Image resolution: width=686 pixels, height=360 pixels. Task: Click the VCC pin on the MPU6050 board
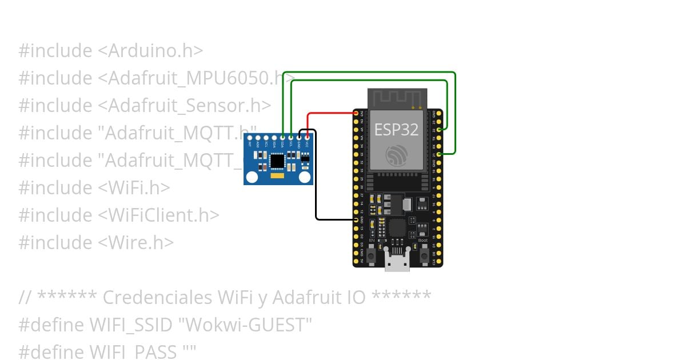(308, 137)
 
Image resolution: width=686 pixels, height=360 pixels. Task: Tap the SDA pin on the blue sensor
(283, 137)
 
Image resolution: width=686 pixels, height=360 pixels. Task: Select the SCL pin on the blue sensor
(291, 137)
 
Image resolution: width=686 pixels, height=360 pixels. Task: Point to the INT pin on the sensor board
(250, 137)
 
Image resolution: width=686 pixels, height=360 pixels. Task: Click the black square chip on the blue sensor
(277, 162)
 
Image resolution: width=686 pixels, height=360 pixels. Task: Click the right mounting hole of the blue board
(307, 178)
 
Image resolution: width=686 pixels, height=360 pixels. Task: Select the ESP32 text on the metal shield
(396, 130)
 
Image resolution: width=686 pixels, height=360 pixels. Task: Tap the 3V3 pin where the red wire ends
(356, 114)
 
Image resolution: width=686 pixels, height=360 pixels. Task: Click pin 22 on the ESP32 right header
(439, 130)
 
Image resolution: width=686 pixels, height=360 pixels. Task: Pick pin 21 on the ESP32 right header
(439, 154)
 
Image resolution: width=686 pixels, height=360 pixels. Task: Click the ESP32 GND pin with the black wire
(356, 219)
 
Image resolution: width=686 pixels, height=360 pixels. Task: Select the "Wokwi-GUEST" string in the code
(245, 325)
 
